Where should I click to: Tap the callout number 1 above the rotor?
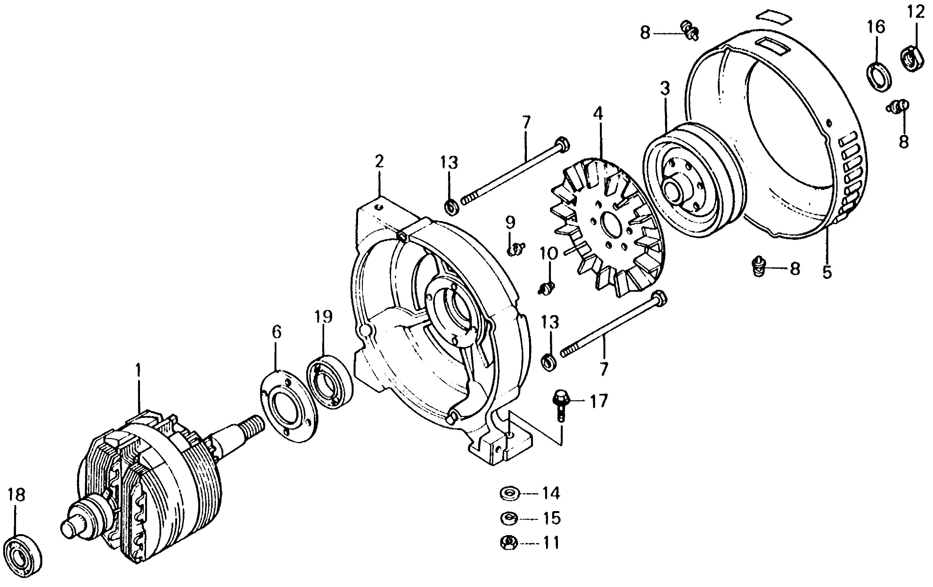[138, 371]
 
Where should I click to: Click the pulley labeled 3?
[693, 180]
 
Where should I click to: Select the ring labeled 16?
[878, 76]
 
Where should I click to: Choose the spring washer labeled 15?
[509, 518]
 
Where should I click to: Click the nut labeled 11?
[508, 542]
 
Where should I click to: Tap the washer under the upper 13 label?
[451, 207]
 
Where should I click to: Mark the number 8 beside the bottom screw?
[795, 268]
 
